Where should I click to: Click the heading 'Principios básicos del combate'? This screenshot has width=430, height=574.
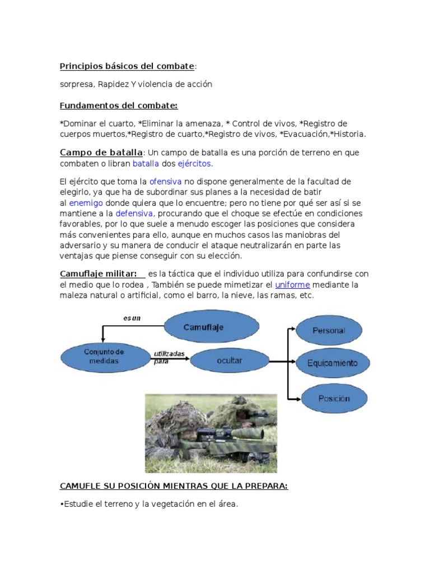[x=127, y=67]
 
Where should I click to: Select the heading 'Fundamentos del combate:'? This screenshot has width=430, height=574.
[x=119, y=105]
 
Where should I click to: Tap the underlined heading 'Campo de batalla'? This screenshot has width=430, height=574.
[x=101, y=152]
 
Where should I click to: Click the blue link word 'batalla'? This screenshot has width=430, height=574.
[x=146, y=164]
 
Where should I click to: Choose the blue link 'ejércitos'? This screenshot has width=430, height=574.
[x=195, y=164]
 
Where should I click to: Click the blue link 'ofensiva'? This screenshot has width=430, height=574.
[x=165, y=182]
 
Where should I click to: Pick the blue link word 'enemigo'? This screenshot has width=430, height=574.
[x=86, y=203]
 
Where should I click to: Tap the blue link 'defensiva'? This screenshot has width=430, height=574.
[x=134, y=214]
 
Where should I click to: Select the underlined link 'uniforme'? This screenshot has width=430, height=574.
[x=292, y=285]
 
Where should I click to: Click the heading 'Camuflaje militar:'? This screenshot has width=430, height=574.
[x=99, y=274]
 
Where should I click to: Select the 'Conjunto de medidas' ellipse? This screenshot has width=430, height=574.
[x=104, y=357]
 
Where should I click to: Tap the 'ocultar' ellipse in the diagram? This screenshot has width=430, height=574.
[x=230, y=360]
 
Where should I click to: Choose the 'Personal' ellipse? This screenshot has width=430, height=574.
[x=329, y=331]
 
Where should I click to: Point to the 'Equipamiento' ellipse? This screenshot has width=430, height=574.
[x=332, y=363]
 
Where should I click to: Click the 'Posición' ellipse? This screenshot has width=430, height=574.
[x=334, y=399]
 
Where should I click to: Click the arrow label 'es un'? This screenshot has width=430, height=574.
[x=132, y=318]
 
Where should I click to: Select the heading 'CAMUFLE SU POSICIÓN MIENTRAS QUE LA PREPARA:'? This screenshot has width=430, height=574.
[x=174, y=486]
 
